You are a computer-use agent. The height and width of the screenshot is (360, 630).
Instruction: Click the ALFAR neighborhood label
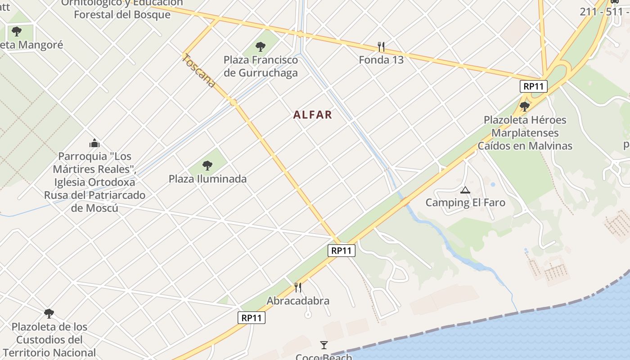(313, 115)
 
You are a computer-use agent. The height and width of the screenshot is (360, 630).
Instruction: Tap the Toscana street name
(199, 71)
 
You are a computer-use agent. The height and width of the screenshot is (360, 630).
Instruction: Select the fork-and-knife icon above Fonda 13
(381, 46)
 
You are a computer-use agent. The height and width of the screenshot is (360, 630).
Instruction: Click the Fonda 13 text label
(381, 60)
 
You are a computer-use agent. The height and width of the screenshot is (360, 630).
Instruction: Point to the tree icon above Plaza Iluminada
(207, 166)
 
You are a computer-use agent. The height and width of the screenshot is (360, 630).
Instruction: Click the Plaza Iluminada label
(207, 179)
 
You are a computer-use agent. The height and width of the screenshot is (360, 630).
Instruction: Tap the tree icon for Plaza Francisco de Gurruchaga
(260, 46)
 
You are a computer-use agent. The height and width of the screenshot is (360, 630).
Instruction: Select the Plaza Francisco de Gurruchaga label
(261, 66)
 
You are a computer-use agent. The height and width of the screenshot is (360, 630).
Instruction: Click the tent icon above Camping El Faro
(465, 190)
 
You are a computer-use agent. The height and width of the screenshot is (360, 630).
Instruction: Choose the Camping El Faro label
(465, 202)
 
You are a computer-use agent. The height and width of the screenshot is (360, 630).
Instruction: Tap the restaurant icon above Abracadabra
(297, 287)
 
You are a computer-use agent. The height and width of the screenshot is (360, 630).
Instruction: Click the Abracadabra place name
(298, 301)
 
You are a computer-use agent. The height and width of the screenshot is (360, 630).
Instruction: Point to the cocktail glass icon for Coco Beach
(324, 345)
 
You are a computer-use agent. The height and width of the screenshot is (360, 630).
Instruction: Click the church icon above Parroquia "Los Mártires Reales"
(94, 143)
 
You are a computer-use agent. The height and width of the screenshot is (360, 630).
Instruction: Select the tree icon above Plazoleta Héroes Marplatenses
(524, 107)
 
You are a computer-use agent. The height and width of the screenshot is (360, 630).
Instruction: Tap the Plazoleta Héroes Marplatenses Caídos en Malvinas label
(525, 133)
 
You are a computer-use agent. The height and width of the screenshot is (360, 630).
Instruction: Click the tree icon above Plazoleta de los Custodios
(49, 313)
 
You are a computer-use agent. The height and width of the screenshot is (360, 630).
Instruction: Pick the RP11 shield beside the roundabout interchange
(533, 86)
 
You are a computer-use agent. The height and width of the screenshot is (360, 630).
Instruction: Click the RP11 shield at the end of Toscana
(342, 251)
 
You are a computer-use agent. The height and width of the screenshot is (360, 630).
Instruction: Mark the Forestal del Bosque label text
(122, 14)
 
